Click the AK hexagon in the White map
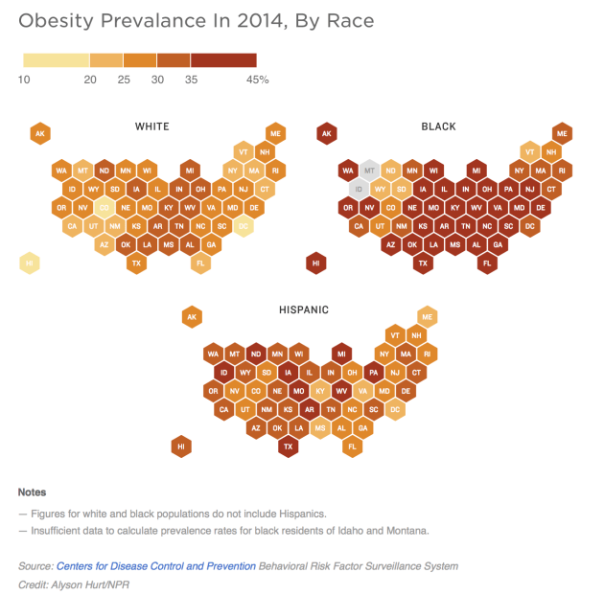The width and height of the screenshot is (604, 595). point(40,134)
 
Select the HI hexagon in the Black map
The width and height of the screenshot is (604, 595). point(315,263)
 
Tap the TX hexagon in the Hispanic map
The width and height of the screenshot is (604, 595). point(288,446)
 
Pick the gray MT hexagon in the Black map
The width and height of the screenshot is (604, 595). point(369,171)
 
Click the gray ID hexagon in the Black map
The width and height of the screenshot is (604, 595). point(359,189)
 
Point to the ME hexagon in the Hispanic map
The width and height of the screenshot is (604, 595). point(427,317)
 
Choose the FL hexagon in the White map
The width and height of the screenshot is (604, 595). point(201,263)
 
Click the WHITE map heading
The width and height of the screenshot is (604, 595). point(152,126)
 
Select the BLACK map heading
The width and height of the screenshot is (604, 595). point(438,126)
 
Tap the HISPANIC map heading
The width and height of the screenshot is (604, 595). point(303,309)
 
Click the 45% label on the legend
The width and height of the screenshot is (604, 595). point(258,80)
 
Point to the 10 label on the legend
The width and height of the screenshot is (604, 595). point(24,80)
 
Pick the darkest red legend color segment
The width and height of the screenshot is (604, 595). point(223,59)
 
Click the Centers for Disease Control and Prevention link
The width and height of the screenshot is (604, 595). point(156,566)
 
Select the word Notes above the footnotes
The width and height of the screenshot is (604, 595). point(32,492)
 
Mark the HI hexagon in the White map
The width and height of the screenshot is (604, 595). point(30,263)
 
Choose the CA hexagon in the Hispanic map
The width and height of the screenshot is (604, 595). point(222,409)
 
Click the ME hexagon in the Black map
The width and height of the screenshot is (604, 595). point(562,134)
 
